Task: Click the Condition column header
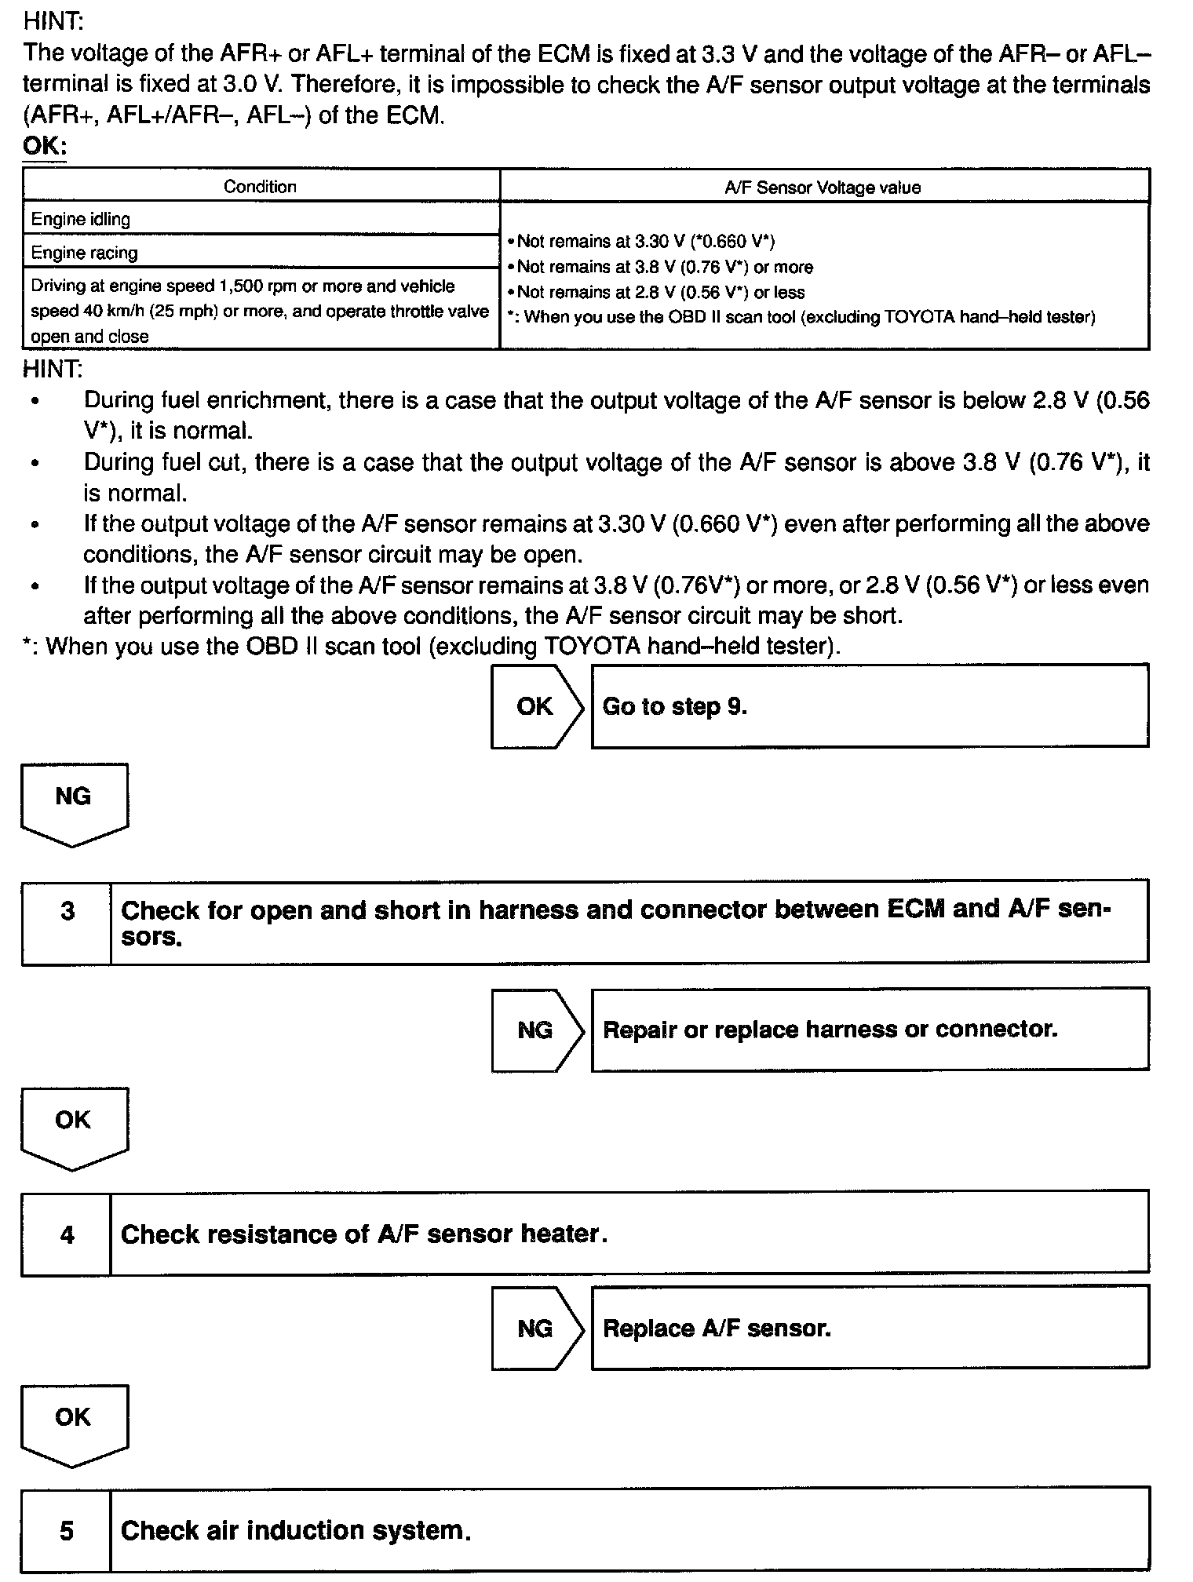[261, 187]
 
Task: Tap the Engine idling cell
[261, 219]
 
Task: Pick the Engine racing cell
[261, 253]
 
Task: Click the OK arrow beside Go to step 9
[536, 706]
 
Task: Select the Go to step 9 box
[870, 706]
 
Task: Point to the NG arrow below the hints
[74, 802]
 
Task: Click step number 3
[67, 912]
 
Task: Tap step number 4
[67, 1235]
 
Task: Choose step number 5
[67, 1531]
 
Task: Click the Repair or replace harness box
[870, 1030]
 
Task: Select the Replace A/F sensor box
[870, 1329]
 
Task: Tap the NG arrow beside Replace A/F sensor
[536, 1329]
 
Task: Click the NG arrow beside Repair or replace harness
[536, 1030]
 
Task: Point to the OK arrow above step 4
[74, 1125]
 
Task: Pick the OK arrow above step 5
[74, 1423]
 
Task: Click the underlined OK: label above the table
[45, 147]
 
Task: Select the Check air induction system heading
[296, 1531]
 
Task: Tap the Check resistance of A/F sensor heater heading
[364, 1234]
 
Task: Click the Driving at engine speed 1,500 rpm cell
[261, 311]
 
